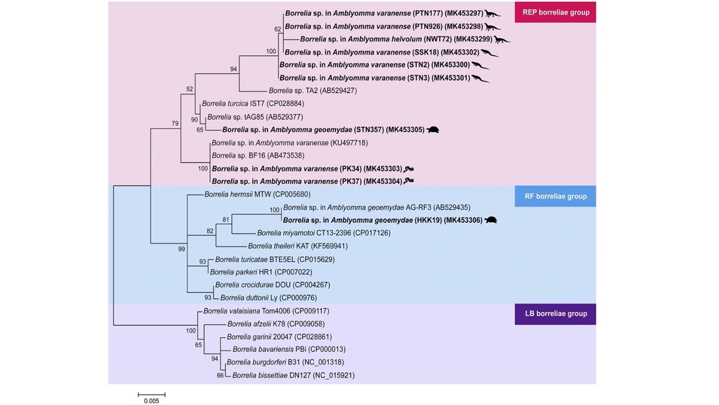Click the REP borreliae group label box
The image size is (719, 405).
(x=555, y=12)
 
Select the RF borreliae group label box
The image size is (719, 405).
(x=555, y=196)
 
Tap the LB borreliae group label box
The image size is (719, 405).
(x=555, y=314)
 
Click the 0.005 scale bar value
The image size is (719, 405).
(x=151, y=401)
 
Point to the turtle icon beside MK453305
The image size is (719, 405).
(x=433, y=129)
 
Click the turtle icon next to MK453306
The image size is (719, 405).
(x=491, y=220)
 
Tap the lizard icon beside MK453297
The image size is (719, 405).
(x=493, y=13)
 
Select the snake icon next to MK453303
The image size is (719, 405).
(x=409, y=168)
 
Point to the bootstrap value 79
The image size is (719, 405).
(x=175, y=123)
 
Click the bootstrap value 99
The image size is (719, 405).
(x=181, y=249)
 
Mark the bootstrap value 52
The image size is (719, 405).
(x=189, y=89)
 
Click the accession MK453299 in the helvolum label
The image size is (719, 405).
(x=473, y=39)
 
